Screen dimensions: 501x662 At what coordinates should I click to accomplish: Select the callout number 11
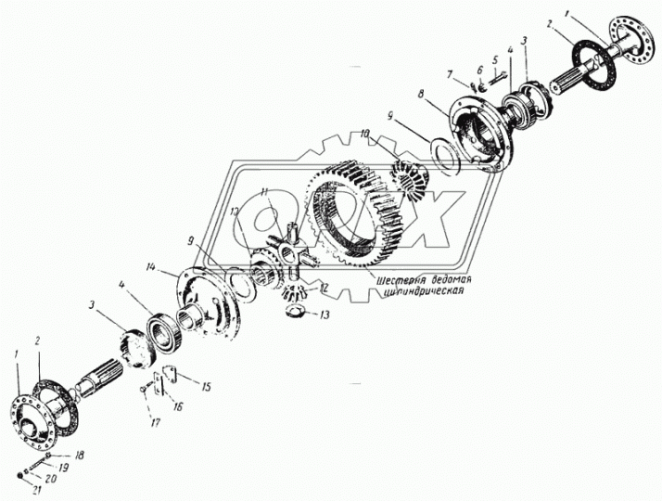click(265, 192)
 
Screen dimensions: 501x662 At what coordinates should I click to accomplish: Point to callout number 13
click(323, 315)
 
